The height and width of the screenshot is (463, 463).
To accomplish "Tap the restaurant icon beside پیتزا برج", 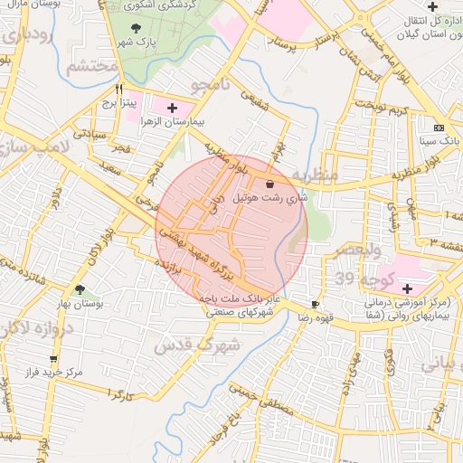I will [x=118, y=90].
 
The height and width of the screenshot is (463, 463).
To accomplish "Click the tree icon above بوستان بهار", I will [x=81, y=290].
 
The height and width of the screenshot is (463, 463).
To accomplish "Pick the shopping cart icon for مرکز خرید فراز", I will [x=54, y=359].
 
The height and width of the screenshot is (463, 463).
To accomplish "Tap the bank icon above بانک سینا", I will [x=439, y=128].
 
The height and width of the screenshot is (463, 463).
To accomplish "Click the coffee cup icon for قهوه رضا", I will [x=315, y=305].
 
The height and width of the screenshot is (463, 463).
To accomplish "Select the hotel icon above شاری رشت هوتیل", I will [x=271, y=183].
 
